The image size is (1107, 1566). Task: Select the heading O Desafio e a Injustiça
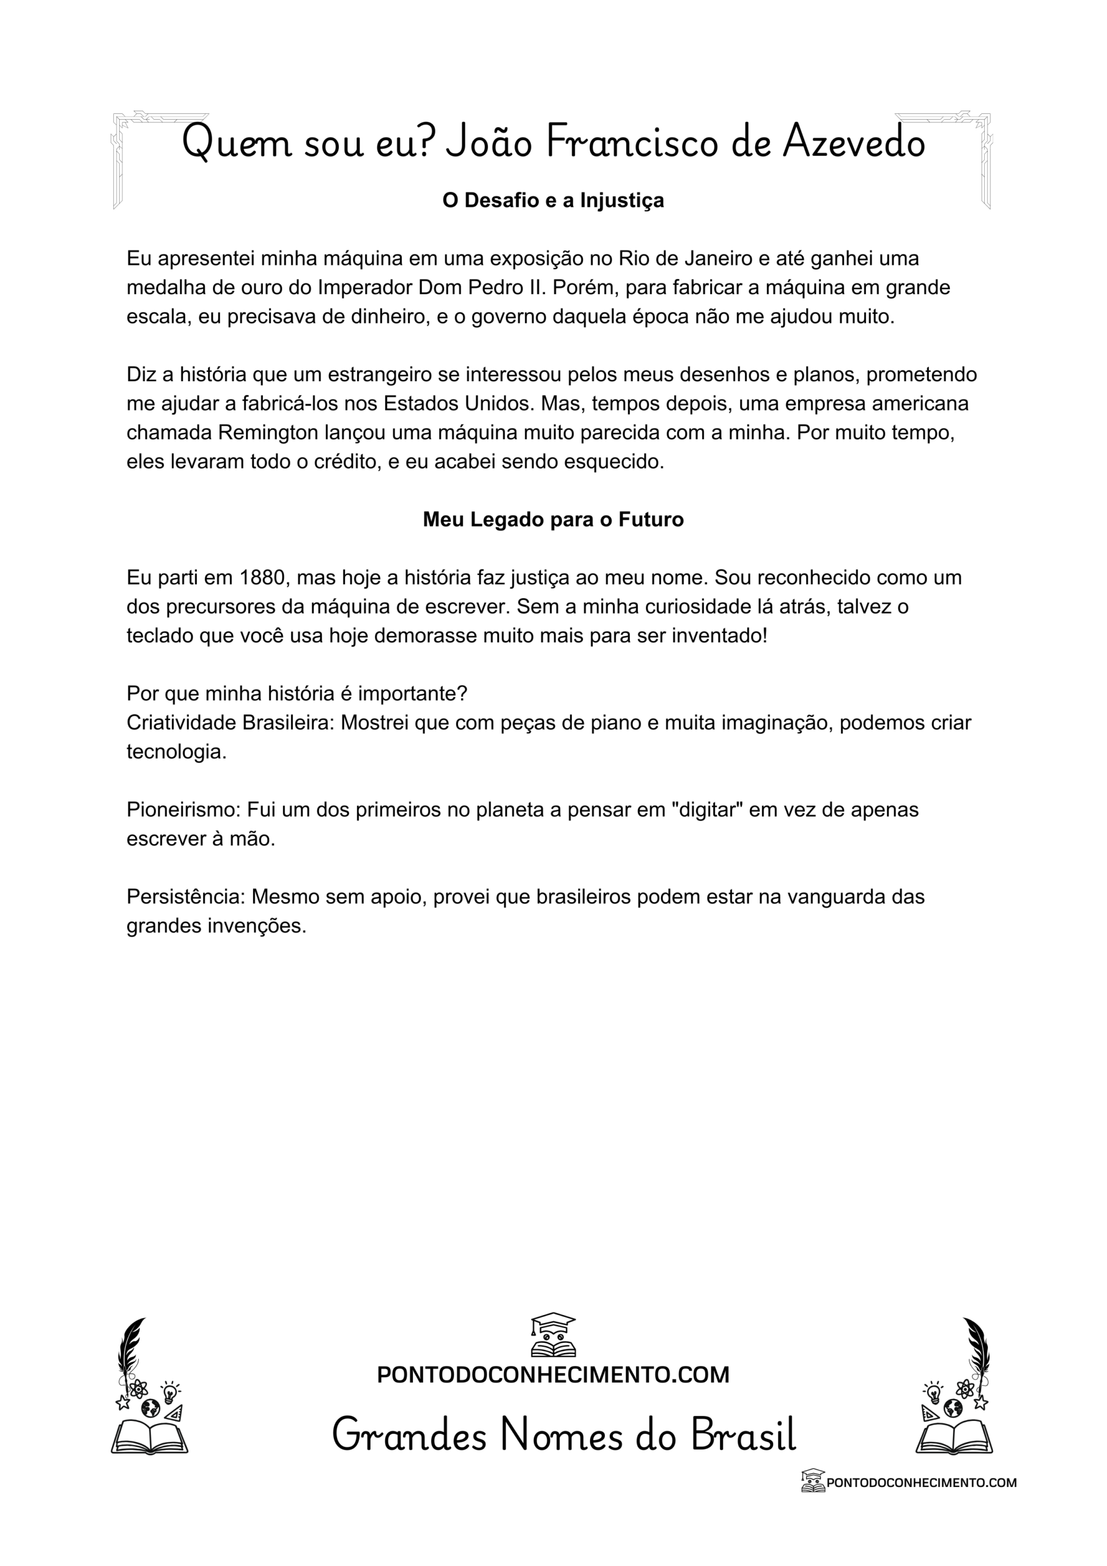point(553,201)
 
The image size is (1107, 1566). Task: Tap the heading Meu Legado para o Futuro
point(553,520)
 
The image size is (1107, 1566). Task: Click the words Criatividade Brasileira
point(229,723)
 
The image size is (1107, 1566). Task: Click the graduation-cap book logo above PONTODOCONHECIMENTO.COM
point(553,1335)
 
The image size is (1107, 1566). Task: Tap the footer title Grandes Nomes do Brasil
point(563,1434)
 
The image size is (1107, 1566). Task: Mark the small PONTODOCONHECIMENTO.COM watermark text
point(921,1482)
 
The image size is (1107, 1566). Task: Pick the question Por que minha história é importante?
point(297,694)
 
